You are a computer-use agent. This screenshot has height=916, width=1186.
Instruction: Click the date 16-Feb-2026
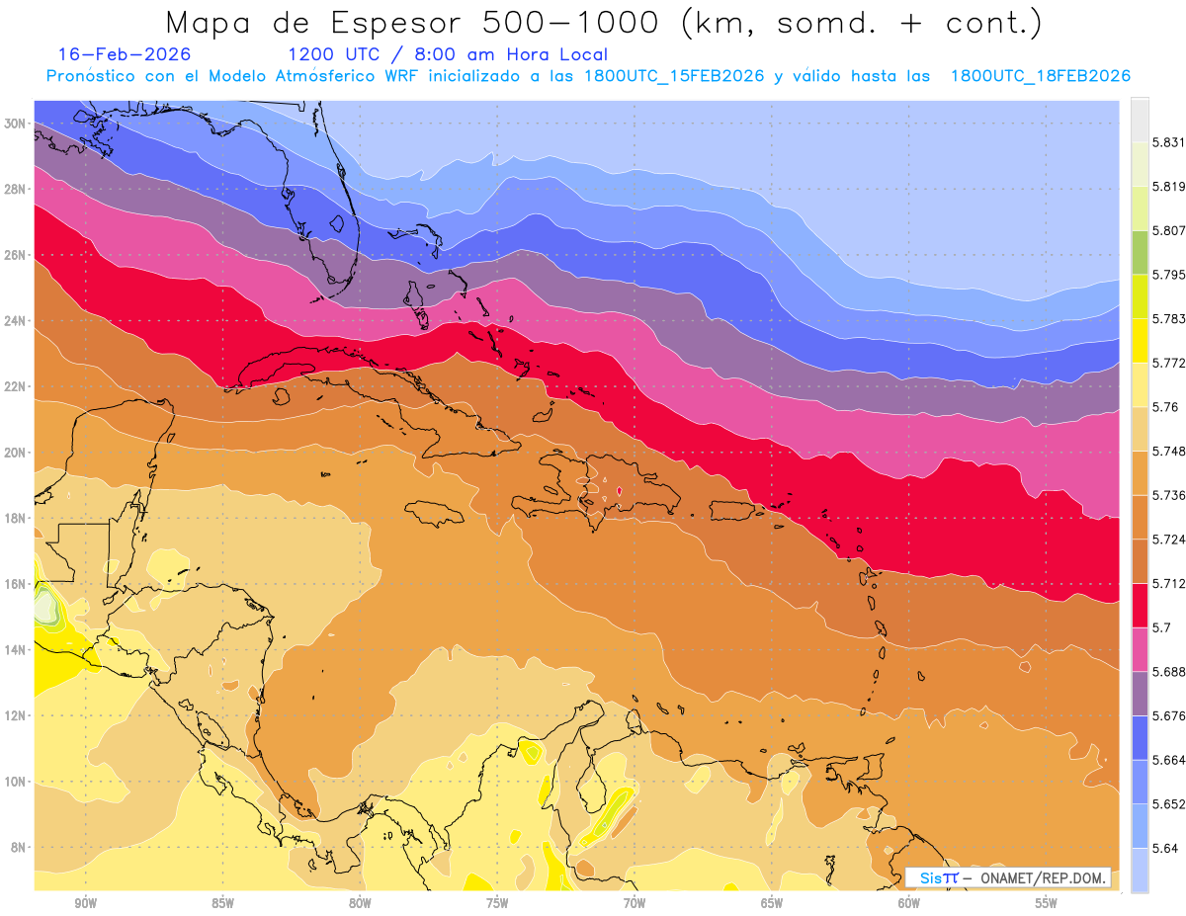[125, 54]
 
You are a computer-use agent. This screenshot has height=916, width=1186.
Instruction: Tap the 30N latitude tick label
[17, 124]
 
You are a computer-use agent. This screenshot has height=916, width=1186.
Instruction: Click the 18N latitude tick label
[17, 518]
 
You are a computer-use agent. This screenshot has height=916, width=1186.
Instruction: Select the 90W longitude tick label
[85, 903]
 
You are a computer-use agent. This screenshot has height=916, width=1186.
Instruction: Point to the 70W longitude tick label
[635, 903]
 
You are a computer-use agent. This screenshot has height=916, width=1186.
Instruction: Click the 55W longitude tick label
[1046, 903]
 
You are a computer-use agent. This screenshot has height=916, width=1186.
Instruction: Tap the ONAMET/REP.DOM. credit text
[1042, 877]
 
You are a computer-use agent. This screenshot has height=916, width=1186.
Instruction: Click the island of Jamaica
[435, 513]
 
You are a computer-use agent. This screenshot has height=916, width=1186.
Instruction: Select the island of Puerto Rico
[735, 510]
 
